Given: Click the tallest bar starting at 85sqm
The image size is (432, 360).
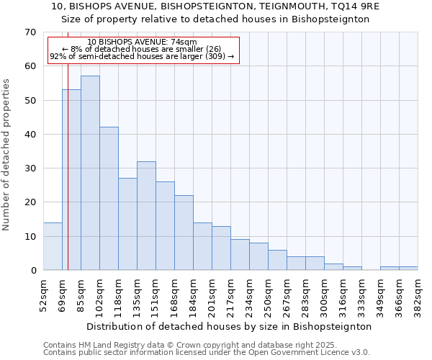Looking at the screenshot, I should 90,173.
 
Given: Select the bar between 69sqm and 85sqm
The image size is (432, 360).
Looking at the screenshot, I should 72,180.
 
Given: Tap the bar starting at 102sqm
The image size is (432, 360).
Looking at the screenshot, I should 109,199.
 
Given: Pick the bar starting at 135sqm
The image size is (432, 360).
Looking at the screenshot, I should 146,216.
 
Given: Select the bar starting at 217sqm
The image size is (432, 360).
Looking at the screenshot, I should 240,255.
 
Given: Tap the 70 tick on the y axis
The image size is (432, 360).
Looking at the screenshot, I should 30,32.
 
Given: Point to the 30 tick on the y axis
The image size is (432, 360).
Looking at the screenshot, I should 30,168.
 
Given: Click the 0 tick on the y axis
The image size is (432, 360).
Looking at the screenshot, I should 32,271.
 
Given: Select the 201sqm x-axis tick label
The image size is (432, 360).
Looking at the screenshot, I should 212,294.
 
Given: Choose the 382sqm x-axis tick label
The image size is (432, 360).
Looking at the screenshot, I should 418,294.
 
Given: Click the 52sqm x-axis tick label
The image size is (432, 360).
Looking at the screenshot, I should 43,294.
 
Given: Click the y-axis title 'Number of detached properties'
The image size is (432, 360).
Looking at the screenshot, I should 6,155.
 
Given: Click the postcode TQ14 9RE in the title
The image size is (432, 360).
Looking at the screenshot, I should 354,6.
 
